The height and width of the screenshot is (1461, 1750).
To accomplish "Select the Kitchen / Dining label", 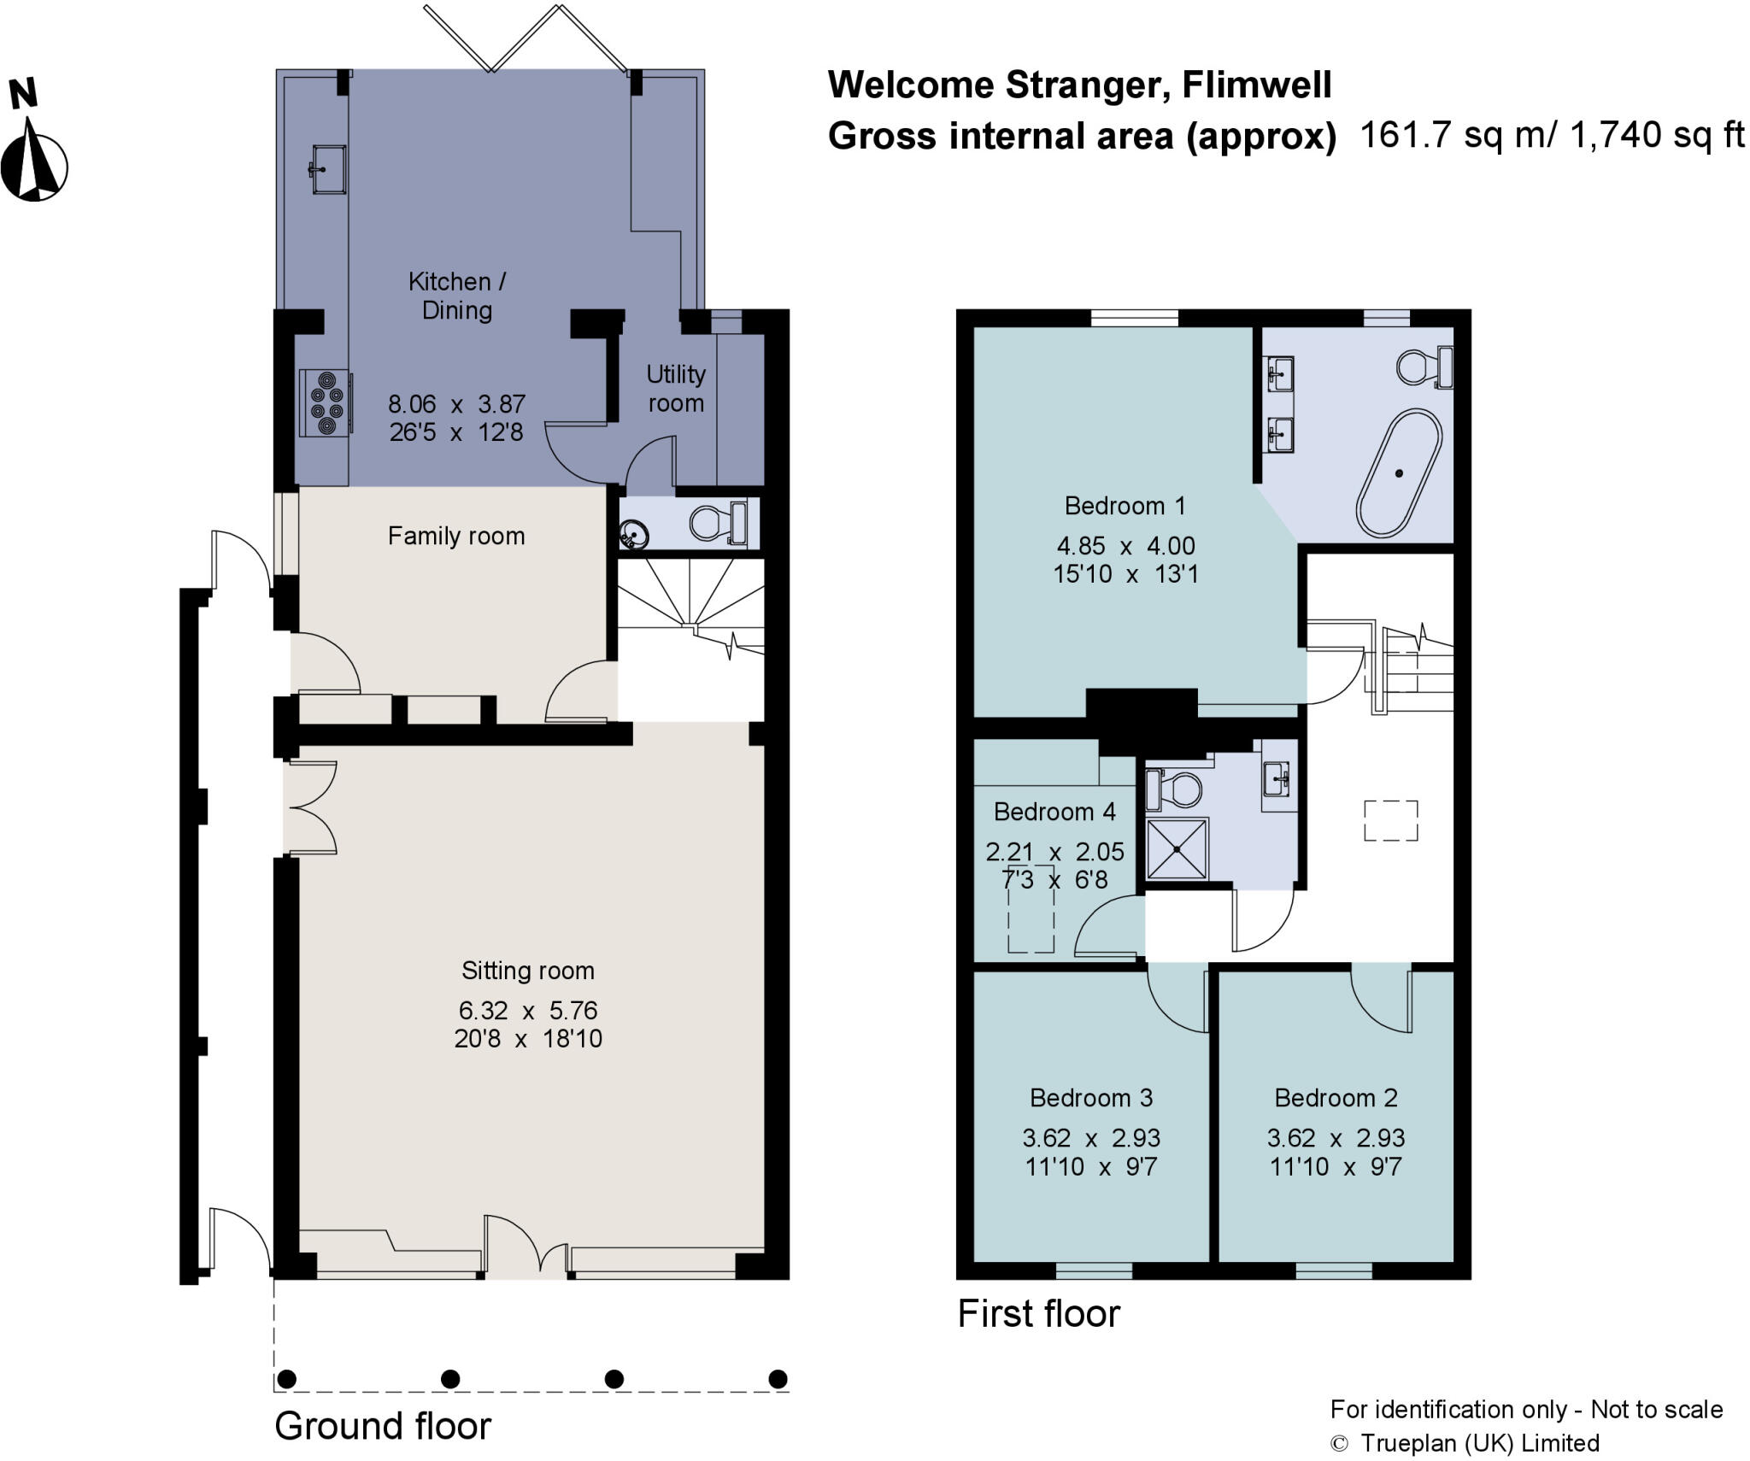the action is tap(456, 295).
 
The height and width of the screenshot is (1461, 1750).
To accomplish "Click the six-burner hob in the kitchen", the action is tap(326, 403).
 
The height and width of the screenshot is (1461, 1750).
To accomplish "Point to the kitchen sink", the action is tap(326, 169).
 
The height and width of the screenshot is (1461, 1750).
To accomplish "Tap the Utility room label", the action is tap(675, 388).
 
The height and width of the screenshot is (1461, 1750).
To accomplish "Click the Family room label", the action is tap(456, 536).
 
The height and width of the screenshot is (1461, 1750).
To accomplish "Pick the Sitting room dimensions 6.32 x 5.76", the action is tap(528, 1010).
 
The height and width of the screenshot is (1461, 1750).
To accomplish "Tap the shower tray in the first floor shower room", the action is tap(1177, 848).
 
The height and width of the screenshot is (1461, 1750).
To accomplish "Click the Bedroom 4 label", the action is tap(1054, 811).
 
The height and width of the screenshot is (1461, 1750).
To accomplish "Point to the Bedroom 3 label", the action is tap(1091, 1097).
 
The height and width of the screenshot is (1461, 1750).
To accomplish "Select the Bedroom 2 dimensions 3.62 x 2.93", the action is tap(1336, 1137).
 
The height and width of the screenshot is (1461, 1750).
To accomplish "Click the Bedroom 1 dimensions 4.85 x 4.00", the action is tap(1125, 545).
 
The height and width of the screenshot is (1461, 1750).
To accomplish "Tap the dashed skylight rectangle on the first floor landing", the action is tap(1390, 820).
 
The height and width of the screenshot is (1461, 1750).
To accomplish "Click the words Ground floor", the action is tap(383, 1425).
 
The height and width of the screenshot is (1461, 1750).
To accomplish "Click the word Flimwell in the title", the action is tap(1257, 85).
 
